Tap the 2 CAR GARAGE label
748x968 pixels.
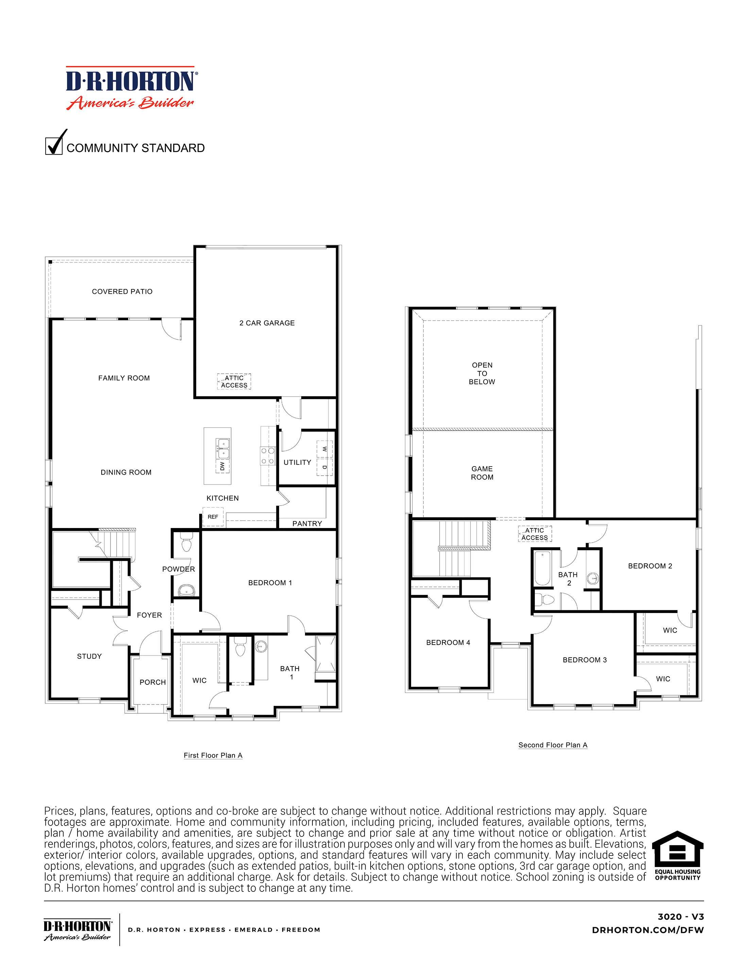(267, 323)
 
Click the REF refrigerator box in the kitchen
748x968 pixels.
(213, 517)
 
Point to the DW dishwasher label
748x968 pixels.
(222, 466)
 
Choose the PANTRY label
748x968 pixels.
(307, 524)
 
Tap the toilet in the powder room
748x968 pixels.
(186, 543)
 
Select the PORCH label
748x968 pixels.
(152, 682)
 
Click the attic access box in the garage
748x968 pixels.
(234, 381)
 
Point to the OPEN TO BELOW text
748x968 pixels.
(482, 373)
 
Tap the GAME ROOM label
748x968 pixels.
(482, 473)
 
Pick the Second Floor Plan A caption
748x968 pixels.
(552, 745)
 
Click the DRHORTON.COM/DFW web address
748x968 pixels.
(647, 930)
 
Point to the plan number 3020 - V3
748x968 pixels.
(680, 917)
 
